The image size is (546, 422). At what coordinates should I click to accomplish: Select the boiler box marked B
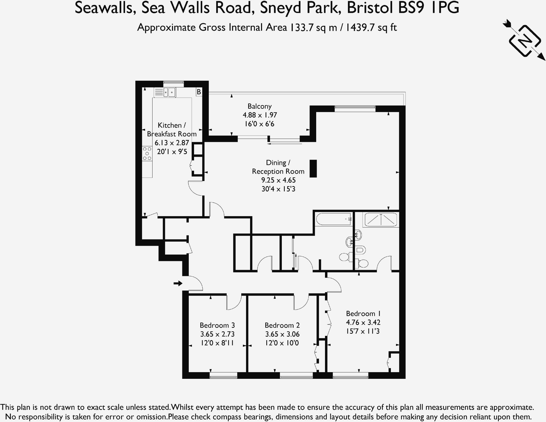click(x=199, y=92)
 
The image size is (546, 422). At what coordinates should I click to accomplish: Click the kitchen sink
click(x=169, y=93)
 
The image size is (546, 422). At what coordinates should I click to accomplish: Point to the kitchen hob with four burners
click(x=147, y=154)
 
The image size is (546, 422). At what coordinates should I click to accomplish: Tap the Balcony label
click(x=259, y=106)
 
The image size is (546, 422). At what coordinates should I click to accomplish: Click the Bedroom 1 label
click(x=363, y=314)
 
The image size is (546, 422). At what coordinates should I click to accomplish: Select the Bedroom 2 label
click(x=282, y=325)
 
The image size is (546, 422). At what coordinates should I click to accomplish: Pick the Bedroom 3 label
click(x=217, y=325)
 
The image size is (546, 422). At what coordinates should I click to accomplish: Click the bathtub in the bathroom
click(x=334, y=219)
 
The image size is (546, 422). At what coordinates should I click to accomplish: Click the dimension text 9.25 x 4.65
click(x=278, y=180)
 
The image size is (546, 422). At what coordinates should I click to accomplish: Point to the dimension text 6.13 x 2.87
click(x=172, y=143)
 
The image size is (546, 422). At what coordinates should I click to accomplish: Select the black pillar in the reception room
click(x=313, y=168)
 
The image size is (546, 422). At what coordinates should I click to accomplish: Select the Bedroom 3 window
click(x=223, y=375)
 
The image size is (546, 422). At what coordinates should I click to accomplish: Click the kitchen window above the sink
click(x=174, y=84)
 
